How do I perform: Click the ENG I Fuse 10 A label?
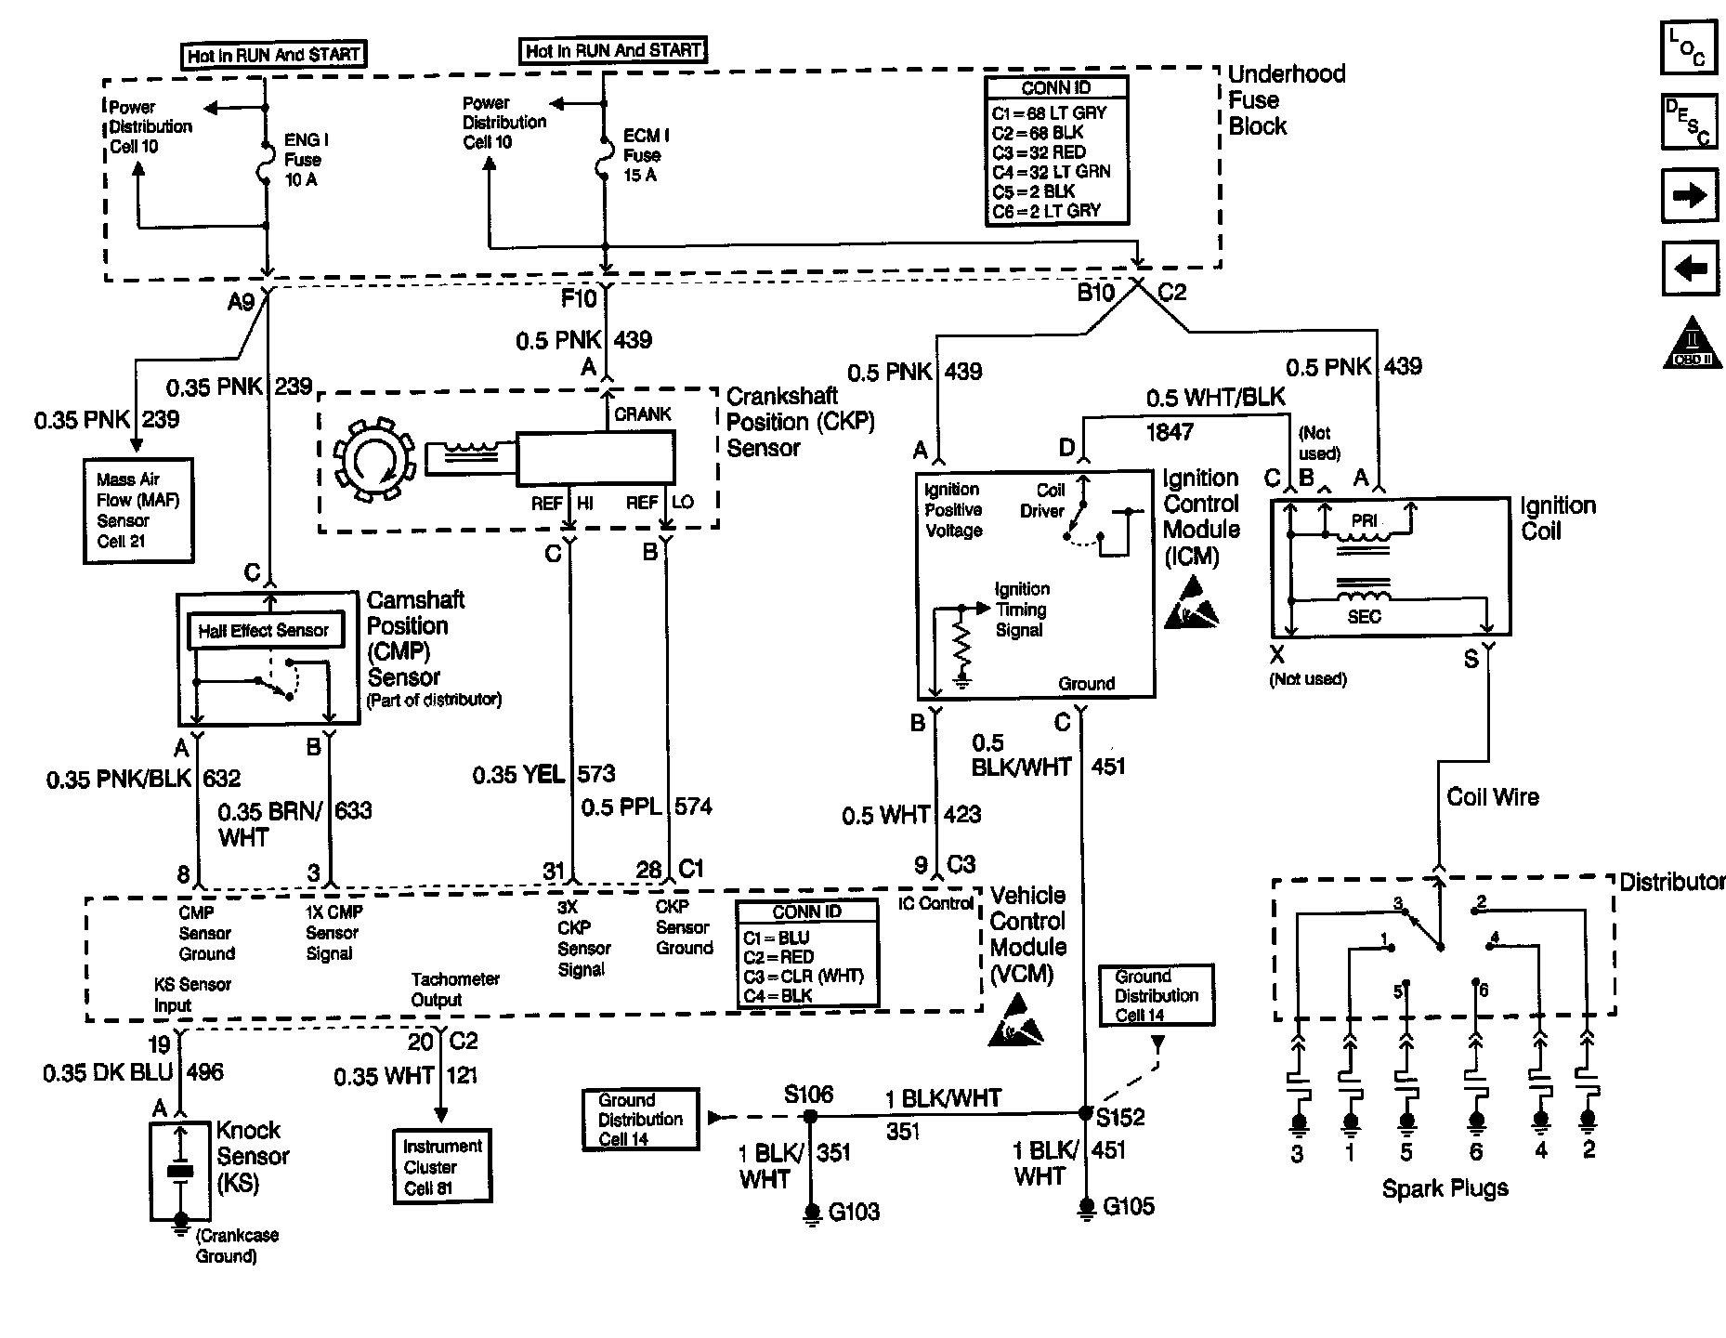tap(305, 160)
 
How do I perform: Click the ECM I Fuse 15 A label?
tap(645, 155)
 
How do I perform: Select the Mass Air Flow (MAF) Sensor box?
tap(137, 510)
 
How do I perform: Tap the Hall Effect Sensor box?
tap(264, 631)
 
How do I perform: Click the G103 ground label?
tap(853, 1212)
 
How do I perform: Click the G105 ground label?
tap(1128, 1207)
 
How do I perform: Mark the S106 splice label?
tap(808, 1095)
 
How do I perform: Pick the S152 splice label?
tap(1120, 1117)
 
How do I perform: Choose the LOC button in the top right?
tap(1688, 46)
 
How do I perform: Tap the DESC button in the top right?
tap(1688, 121)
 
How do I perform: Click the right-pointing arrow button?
tap(1689, 195)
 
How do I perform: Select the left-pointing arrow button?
tap(1689, 269)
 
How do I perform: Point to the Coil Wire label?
tap(1492, 797)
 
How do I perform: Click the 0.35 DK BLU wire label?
tap(108, 1073)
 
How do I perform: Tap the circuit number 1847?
tap(1170, 431)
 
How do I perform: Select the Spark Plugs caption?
tap(1445, 1188)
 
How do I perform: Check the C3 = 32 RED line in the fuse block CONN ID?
tap(1039, 152)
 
